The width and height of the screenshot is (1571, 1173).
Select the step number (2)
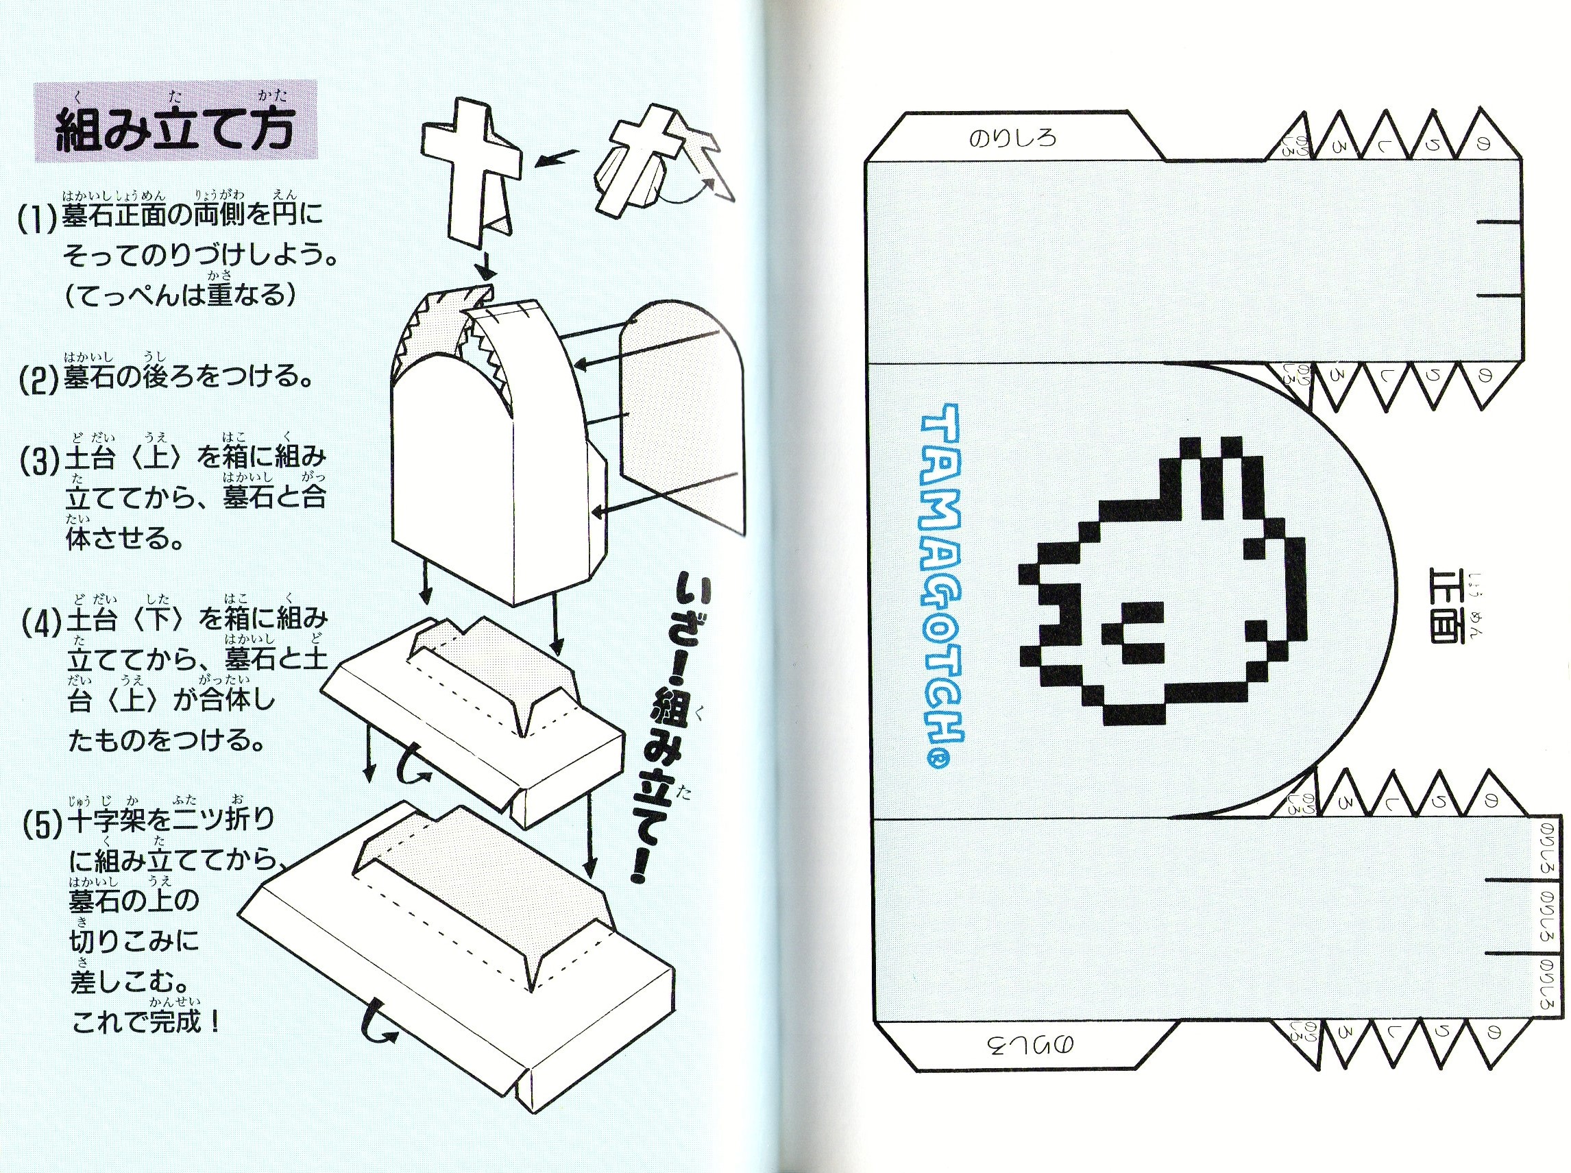(37, 378)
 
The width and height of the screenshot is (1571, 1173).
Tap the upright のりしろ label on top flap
(1012, 137)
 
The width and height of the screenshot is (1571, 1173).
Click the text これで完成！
(147, 1022)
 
